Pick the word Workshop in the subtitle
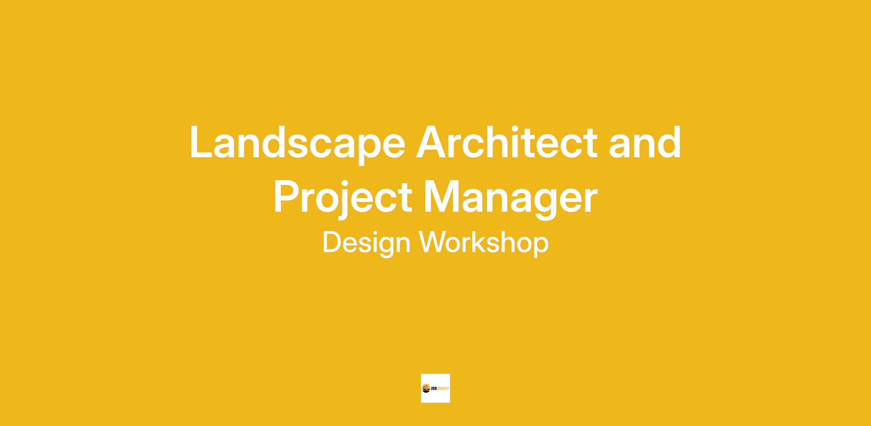484,242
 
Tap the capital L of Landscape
202,142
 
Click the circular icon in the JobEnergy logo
426,388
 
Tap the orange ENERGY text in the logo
442,389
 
